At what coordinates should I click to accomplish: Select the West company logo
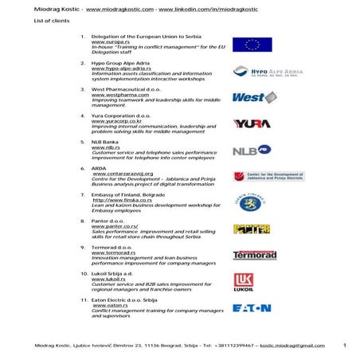253,98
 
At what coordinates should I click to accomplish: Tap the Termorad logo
254,256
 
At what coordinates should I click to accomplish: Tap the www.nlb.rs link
105,147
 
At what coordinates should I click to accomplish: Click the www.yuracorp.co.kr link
116,121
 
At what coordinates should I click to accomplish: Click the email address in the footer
292,346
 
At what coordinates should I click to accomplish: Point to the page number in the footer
344,345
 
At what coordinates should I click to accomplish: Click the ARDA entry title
100,168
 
